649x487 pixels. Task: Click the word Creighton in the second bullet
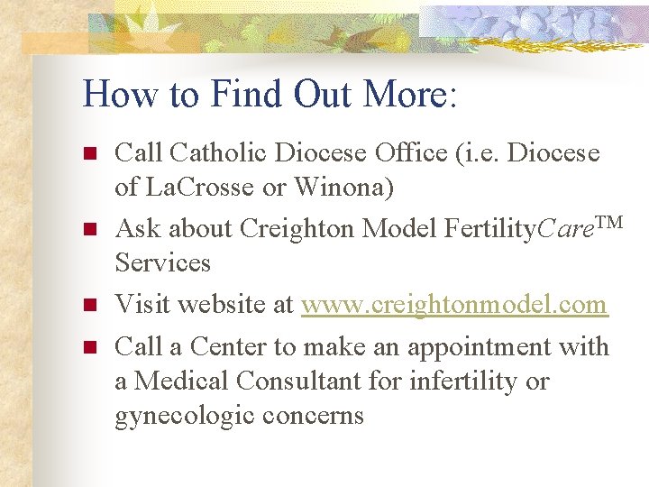click(297, 230)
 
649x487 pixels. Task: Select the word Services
click(162, 263)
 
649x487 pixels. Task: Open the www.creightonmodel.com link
click(454, 305)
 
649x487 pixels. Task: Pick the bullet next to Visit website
click(89, 306)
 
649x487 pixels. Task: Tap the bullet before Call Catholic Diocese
click(89, 154)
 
